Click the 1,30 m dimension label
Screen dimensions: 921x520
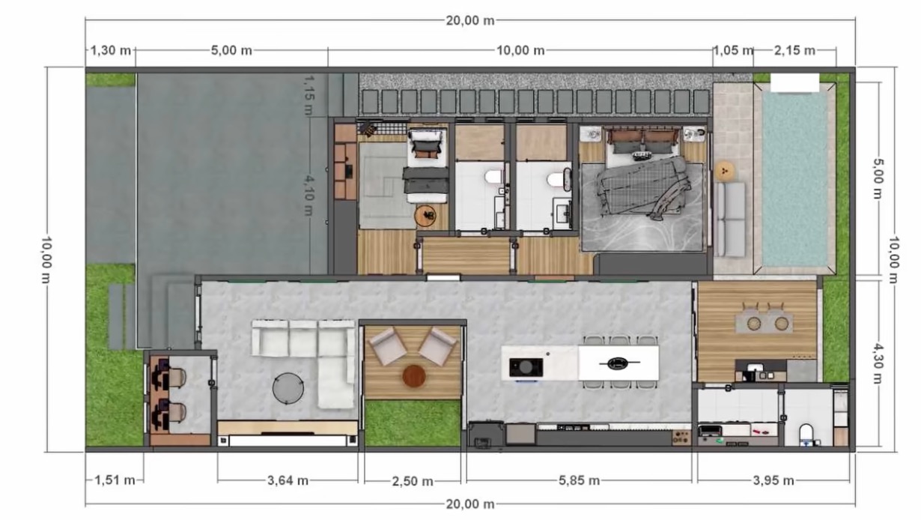pyautogui.click(x=110, y=51)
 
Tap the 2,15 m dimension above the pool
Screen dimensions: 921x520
pyautogui.click(x=794, y=51)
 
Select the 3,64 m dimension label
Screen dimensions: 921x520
pyautogui.click(x=288, y=480)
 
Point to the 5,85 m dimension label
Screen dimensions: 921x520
pyautogui.click(x=579, y=480)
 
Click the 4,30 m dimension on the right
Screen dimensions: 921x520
pyautogui.click(x=878, y=363)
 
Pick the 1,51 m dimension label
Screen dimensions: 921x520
pyautogui.click(x=115, y=480)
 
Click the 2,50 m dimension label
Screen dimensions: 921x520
pyautogui.click(x=413, y=481)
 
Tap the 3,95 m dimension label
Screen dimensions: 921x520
pyautogui.click(x=773, y=480)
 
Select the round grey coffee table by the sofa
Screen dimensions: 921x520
pyautogui.click(x=288, y=388)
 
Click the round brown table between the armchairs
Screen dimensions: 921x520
pyautogui.click(x=413, y=376)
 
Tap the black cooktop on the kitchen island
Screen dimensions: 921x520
pyautogui.click(x=526, y=367)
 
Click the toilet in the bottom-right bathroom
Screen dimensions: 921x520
pyautogui.click(x=806, y=435)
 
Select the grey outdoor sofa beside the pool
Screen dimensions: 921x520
pyautogui.click(x=731, y=220)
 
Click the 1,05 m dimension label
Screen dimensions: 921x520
pyautogui.click(x=733, y=51)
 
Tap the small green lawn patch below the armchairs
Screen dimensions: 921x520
pyautogui.click(x=413, y=423)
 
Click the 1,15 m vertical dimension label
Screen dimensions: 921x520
pyautogui.click(x=309, y=94)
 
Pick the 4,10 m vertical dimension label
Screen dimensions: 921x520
pyautogui.click(x=309, y=195)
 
